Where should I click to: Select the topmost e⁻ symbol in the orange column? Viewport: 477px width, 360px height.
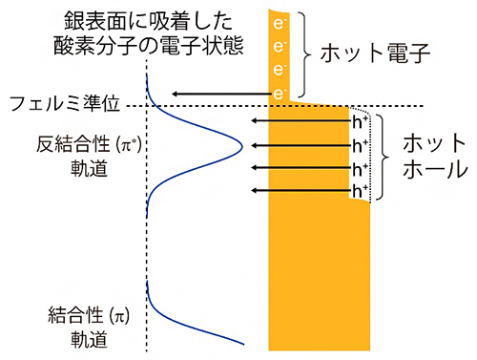coord(280,21)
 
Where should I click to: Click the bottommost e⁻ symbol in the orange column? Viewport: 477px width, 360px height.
coord(280,93)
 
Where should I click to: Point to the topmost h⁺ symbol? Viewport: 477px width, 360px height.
coord(358,121)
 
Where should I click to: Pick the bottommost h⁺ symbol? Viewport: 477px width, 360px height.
coord(358,191)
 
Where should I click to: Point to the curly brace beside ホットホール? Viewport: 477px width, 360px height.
coord(384,157)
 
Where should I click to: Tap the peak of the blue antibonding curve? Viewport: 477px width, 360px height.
coord(241,146)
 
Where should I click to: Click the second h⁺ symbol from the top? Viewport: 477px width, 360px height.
coord(358,145)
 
